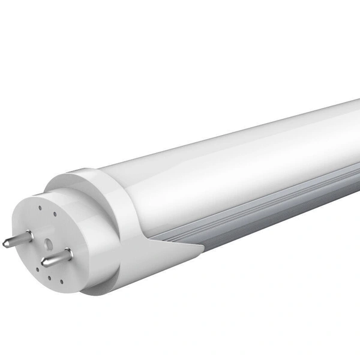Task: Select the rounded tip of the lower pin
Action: pyautogui.click(x=44, y=263)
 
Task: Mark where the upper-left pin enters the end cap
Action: pyautogui.click(x=29, y=233)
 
